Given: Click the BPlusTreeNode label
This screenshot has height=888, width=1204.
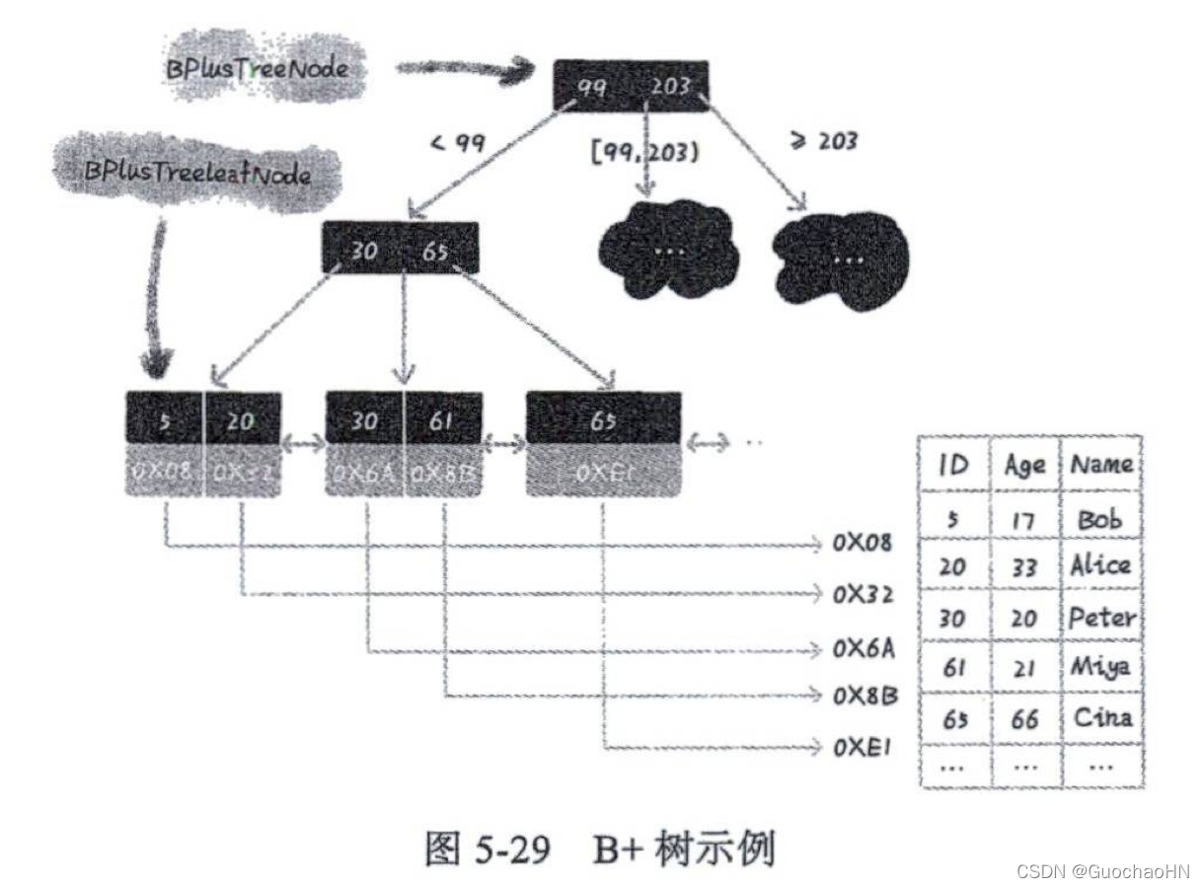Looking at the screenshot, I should [x=255, y=70].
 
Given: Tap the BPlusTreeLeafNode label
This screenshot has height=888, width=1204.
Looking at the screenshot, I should [x=197, y=175].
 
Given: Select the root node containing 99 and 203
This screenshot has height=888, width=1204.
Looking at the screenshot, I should [x=631, y=86].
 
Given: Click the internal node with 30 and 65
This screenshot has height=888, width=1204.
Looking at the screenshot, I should [x=400, y=250].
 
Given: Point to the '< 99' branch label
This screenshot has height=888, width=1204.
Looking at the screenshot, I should [x=458, y=144].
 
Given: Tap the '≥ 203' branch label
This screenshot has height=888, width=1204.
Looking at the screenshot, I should [x=824, y=141].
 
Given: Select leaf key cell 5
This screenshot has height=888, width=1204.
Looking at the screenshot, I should [x=164, y=421].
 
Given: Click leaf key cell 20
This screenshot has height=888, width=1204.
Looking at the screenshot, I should [x=242, y=421].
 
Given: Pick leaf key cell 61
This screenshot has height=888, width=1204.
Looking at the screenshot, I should [x=442, y=421].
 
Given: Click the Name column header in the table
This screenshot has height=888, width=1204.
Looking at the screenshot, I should [x=1101, y=464].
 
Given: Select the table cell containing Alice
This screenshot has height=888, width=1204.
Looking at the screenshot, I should [x=1101, y=565].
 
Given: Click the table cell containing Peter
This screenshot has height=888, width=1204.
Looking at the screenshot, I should [x=1101, y=618].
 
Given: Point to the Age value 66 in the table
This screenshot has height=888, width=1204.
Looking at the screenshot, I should [x=1024, y=719].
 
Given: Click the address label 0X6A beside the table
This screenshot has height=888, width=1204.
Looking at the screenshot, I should [x=864, y=648].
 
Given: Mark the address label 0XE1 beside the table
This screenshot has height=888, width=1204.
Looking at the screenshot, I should [x=862, y=747].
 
